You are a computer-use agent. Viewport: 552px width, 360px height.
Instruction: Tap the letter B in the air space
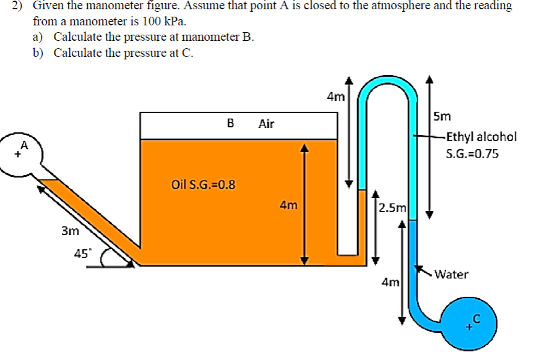click(230, 123)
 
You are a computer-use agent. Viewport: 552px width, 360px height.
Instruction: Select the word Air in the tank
click(266, 124)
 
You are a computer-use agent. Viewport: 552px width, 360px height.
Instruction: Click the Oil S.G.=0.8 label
click(204, 184)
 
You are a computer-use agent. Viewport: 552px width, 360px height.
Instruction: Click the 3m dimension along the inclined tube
click(71, 231)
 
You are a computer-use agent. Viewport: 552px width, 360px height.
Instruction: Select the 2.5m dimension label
click(392, 208)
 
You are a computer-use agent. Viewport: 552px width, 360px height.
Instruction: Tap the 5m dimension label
click(442, 116)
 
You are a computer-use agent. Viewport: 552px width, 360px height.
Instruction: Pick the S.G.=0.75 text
click(472, 153)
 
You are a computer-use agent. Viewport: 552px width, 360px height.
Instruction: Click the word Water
click(452, 274)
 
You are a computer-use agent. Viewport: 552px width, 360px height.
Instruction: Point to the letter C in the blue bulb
click(476, 319)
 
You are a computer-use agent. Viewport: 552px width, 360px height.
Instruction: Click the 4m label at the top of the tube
click(335, 96)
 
